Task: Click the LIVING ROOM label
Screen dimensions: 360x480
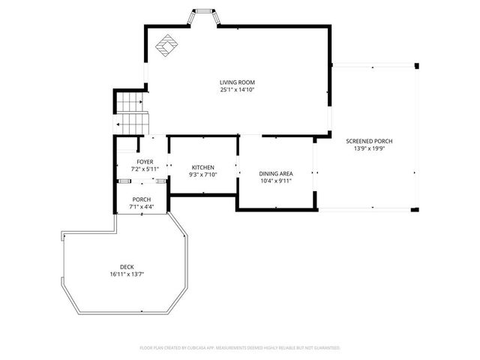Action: click(237, 82)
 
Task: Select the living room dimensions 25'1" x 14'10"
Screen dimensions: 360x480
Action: click(237, 90)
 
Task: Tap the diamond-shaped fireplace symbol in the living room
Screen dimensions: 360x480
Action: click(166, 46)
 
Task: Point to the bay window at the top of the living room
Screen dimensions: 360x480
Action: click(202, 16)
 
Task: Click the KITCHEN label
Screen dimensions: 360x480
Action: click(203, 167)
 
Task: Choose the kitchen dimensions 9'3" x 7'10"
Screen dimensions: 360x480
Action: click(203, 175)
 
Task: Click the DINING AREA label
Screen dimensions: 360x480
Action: click(275, 173)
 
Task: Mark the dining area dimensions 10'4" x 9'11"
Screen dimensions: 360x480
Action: click(275, 181)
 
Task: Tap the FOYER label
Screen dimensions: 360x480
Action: click(145, 162)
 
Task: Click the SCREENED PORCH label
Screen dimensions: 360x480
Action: click(369, 141)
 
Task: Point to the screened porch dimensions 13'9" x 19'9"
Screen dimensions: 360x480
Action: click(369, 148)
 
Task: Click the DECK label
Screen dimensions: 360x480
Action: click(127, 267)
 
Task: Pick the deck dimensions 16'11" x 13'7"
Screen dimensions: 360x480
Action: click(126, 274)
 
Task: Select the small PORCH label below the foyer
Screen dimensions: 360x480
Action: click(142, 199)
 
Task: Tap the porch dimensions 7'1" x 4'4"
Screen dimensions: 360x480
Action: click(142, 207)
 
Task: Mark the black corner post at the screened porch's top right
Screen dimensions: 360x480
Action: click(417, 66)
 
